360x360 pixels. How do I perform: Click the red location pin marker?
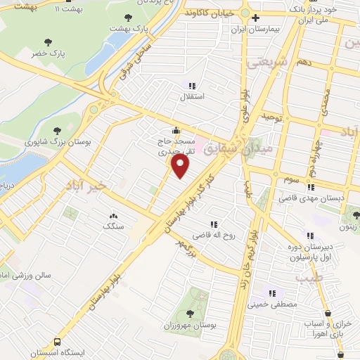(181, 166)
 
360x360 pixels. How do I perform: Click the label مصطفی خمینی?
(273, 304)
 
